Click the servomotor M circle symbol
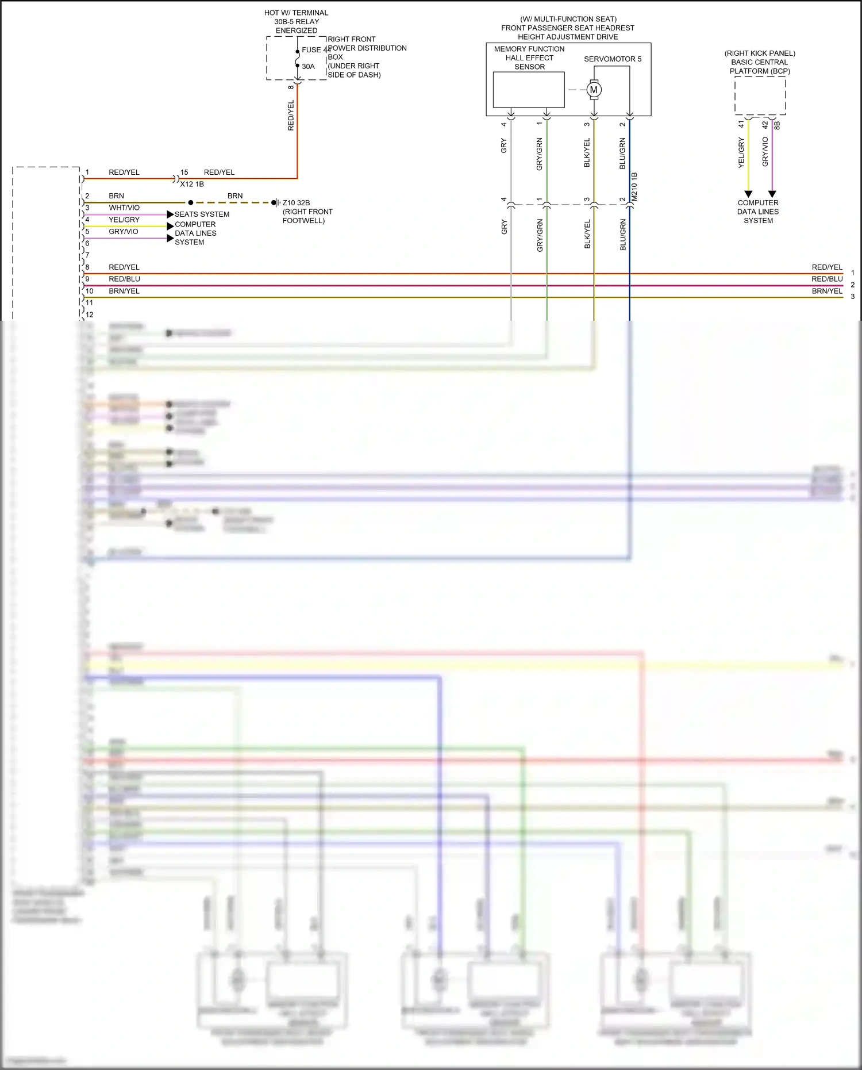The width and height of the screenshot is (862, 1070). click(x=594, y=90)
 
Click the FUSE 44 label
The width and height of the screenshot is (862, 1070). click(x=315, y=50)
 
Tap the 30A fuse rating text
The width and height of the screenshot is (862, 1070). click(x=308, y=67)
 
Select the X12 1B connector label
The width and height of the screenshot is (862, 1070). click(x=192, y=184)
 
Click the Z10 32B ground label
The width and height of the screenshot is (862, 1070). click(x=296, y=202)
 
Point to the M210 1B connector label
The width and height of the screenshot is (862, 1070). click(x=634, y=186)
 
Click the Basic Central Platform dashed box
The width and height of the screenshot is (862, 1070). click(x=760, y=96)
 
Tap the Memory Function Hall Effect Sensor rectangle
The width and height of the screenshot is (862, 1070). click(x=529, y=90)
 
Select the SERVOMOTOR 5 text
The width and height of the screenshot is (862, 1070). click(x=613, y=59)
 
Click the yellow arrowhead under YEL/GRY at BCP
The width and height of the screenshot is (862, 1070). click(x=748, y=194)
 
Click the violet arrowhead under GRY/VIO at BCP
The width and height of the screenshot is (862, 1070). click(x=772, y=194)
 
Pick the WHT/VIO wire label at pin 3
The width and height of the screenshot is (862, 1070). click(x=124, y=208)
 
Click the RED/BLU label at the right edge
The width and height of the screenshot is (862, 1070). click(x=827, y=279)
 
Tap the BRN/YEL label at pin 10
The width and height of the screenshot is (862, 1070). click(x=124, y=291)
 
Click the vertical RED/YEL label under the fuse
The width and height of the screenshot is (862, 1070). click(x=291, y=115)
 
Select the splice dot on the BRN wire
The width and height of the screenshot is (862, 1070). click(x=191, y=202)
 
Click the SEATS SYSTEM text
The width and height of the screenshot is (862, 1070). click(x=202, y=214)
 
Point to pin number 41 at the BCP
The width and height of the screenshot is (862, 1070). click(x=741, y=124)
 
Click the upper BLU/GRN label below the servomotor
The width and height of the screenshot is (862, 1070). click(x=622, y=153)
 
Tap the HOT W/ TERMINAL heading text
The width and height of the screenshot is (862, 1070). click(x=296, y=13)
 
